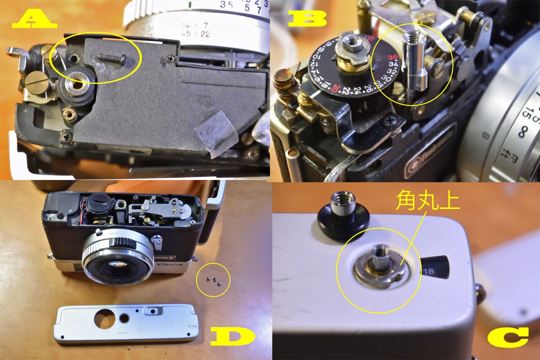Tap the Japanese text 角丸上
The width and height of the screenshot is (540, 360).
click(427, 202)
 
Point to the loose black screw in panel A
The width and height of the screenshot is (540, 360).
click(110, 58)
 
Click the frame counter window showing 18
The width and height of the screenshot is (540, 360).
click(435, 269)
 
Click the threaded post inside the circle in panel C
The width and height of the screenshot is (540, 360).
click(381, 259)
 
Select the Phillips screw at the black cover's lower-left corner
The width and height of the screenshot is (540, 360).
click(67, 134)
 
